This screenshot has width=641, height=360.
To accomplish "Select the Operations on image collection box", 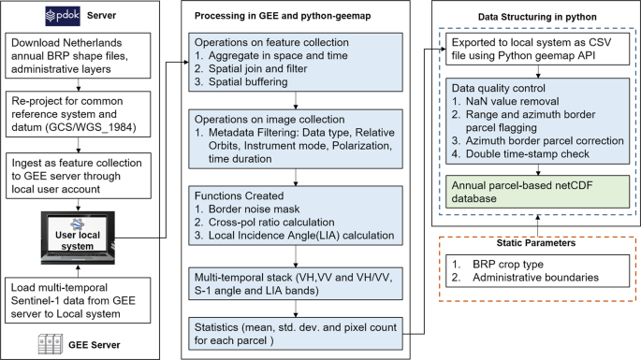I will tap(297, 140).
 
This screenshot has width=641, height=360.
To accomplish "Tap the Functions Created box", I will tap(297, 216).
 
